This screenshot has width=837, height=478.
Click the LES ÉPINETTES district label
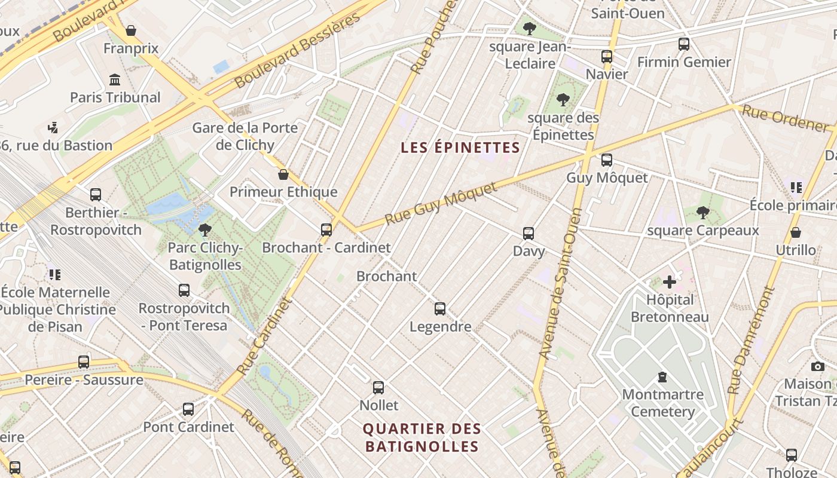[460, 148]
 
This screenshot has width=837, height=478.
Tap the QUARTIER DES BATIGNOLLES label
[422, 437]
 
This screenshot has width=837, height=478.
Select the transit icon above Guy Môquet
[607, 160]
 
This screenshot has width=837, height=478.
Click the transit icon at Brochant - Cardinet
[326, 230]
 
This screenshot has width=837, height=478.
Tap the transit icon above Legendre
[440, 309]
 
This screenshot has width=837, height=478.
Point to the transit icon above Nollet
[378, 388]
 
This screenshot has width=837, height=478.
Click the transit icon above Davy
[529, 234]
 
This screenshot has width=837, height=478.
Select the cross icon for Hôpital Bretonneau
[670, 282]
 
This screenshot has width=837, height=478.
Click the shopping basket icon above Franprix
[131, 30]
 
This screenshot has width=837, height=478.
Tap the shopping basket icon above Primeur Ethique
[283, 174]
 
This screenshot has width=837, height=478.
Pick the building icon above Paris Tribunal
[115, 79]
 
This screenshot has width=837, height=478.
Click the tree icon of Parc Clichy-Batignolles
[205, 229]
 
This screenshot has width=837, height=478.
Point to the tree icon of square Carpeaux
[703, 212]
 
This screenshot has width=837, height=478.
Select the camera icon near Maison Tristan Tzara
[818, 366]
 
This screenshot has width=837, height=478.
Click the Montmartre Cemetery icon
[662, 377]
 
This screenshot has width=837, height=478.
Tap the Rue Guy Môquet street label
[441, 204]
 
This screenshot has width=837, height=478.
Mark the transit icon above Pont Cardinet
[188, 409]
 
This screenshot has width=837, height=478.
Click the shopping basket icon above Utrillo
[796, 232]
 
